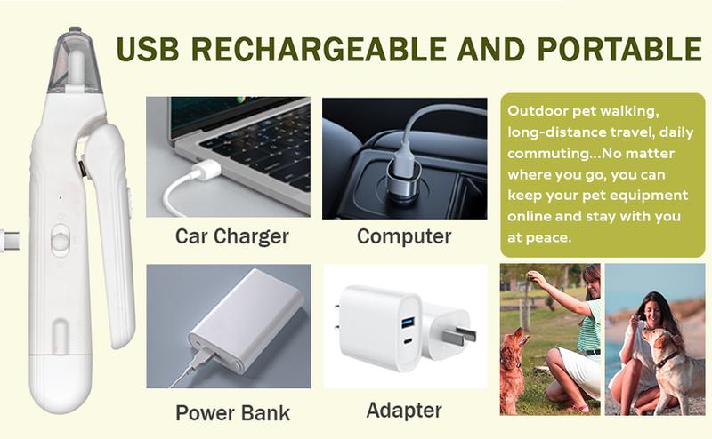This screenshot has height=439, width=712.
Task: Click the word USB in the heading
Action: coord(148,49)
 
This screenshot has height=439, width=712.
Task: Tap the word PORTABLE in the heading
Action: coord(619,49)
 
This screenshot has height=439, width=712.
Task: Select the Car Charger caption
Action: coord(231,236)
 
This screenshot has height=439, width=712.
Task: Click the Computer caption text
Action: coord(404,236)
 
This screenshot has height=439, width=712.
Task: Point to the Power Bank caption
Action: coord(232,412)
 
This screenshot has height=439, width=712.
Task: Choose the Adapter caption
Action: coord(404,411)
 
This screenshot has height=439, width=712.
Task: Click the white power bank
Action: coord(247,321)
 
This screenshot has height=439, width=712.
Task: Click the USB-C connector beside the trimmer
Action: coord(9,239)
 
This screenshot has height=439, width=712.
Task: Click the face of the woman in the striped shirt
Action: coord(591,286)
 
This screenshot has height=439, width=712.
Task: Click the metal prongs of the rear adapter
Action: coord(460,335)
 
